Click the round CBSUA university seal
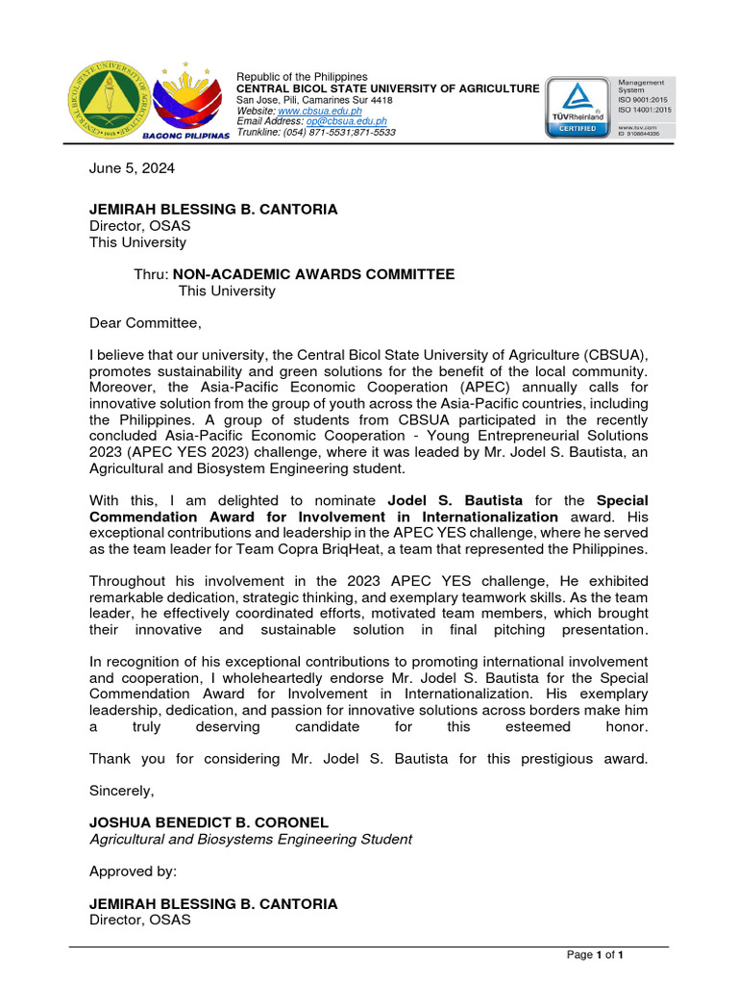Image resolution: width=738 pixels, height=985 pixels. tap(108, 101)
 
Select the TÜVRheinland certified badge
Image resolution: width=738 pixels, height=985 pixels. tap(577, 106)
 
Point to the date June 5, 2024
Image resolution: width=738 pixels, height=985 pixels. tap(133, 167)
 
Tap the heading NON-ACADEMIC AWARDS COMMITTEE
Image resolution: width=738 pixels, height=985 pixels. tap(313, 274)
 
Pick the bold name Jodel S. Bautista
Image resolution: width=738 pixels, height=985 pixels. tap(455, 501)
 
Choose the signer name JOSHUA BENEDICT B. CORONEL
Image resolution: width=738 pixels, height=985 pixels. tap(209, 822)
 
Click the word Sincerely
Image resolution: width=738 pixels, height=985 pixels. tap(121, 790)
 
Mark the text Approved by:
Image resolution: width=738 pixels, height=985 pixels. tap(133, 871)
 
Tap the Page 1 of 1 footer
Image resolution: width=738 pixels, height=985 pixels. tap(596, 954)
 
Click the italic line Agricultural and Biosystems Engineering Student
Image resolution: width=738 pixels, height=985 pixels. tap(251, 839)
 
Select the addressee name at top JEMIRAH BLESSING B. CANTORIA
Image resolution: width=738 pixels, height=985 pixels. tap(213, 210)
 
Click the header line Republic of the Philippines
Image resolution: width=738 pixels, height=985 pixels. tap(302, 77)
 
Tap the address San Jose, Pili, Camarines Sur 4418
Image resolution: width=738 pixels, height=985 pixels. tap(314, 99)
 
